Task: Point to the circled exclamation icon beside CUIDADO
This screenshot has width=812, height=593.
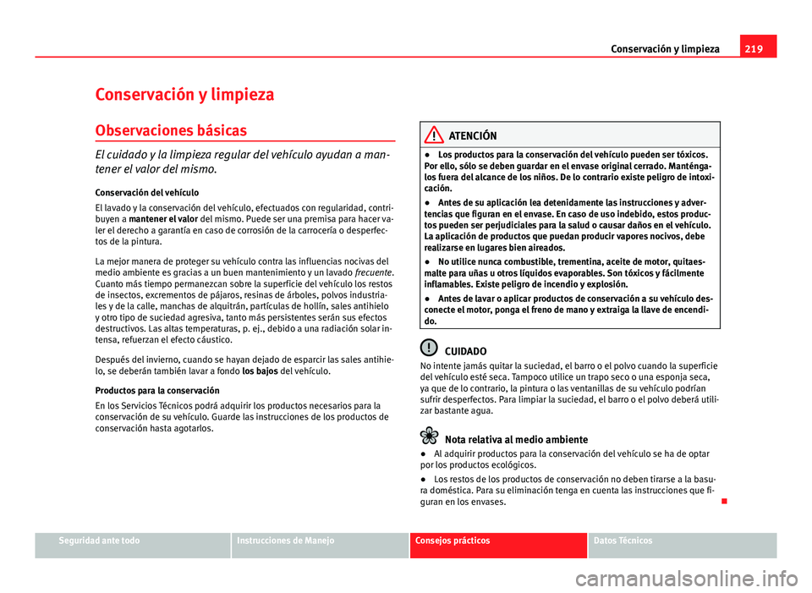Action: coord(431,347)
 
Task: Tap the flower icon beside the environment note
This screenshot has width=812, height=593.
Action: coord(431,437)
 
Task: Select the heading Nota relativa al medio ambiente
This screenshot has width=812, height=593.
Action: coord(516,439)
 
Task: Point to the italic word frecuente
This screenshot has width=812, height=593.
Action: coord(376,274)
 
